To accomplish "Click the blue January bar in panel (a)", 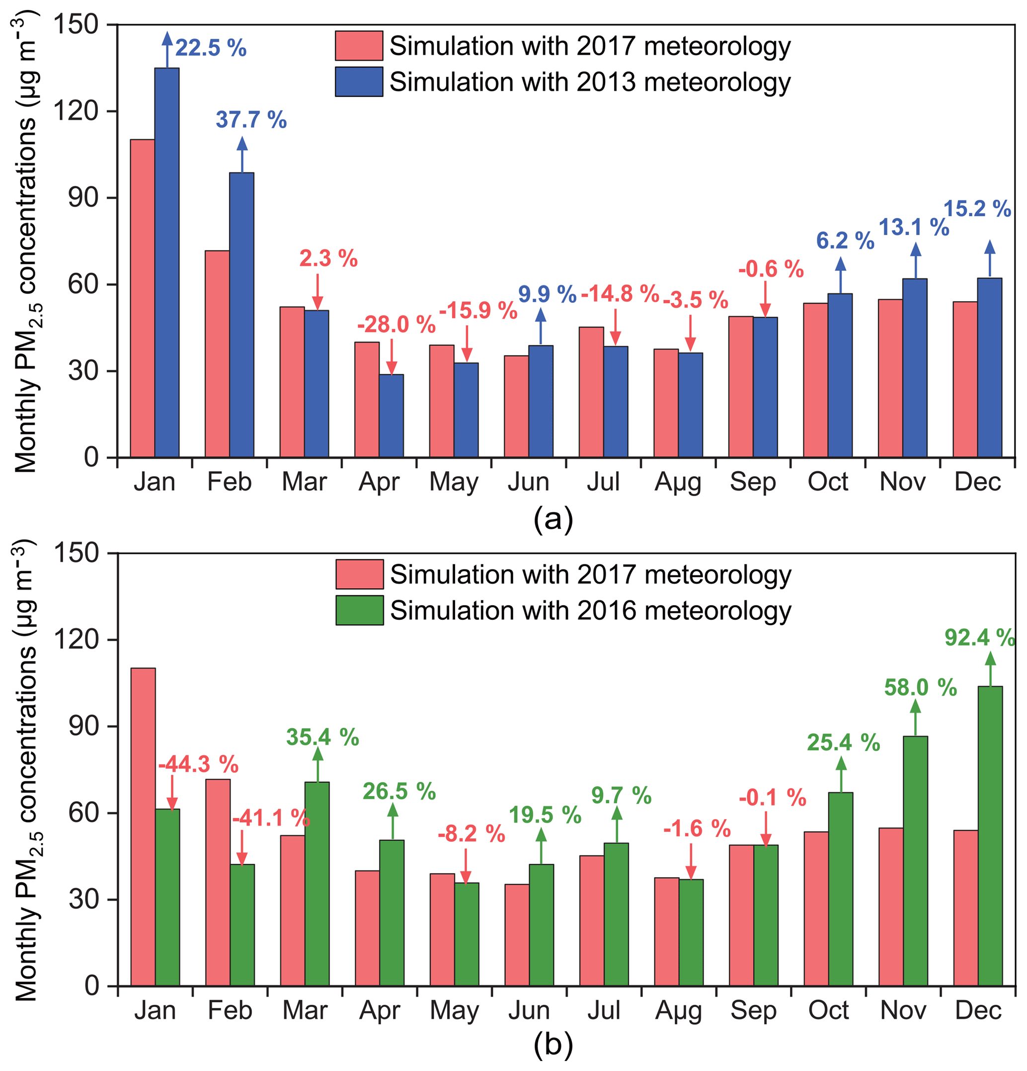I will click(166, 262).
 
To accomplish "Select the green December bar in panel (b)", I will click(990, 836).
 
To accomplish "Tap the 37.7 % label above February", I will click(251, 120).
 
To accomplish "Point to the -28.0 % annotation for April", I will click(396, 325).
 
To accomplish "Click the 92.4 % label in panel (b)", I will click(979, 638).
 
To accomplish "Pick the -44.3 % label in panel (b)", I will click(198, 764).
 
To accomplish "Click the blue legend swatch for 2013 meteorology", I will click(359, 82).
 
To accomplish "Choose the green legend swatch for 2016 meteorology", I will click(359, 610).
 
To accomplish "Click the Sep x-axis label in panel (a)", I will click(753, 482).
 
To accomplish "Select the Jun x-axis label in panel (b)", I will click(528, 1010).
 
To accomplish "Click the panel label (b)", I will click(553, 1044).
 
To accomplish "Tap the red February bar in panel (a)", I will click(217, 354).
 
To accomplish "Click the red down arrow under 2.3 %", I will click(317, 292).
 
